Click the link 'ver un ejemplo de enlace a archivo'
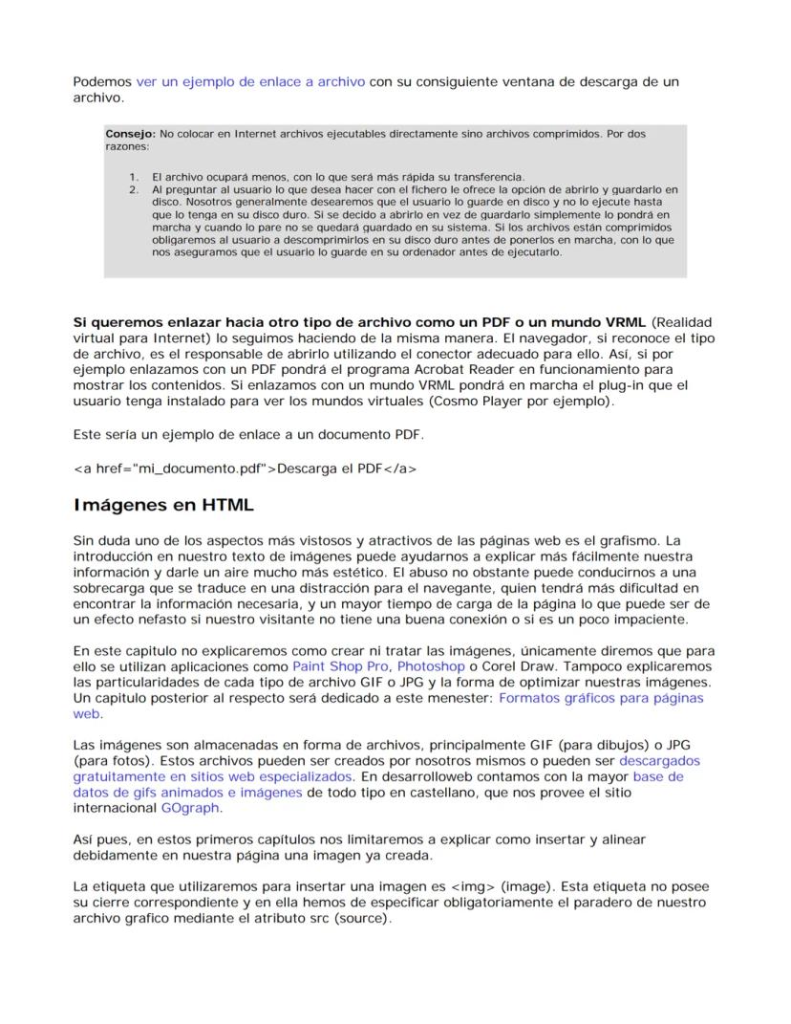[x=250, y=82]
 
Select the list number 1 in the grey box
[x=134, y=178]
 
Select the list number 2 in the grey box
[x=134, y=190]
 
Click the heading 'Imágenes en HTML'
[x=163, y=505]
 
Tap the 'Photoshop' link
[x=432, y=665]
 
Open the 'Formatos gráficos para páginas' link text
[x=601, y=698]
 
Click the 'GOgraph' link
[x=190, y=808]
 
